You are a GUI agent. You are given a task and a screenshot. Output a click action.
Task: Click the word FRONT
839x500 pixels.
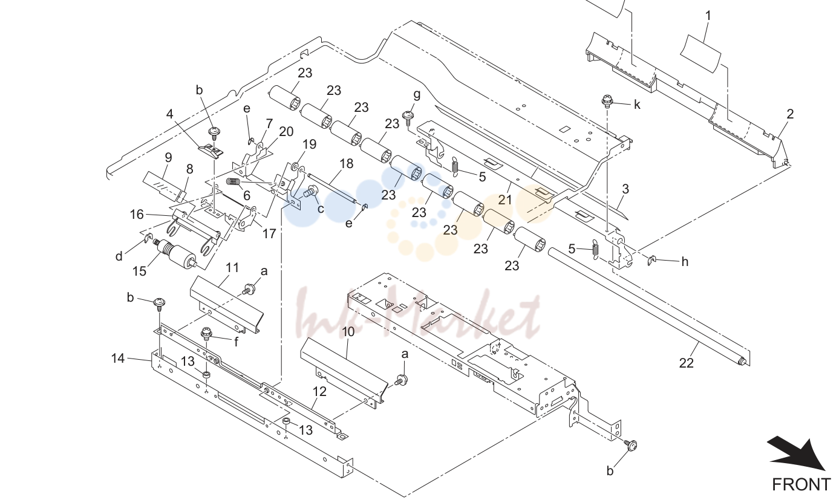coord(801,485)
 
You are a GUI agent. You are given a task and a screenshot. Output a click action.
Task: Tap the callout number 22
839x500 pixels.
coord(686,363)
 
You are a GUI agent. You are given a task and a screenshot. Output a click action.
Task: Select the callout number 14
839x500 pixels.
coord(117,358)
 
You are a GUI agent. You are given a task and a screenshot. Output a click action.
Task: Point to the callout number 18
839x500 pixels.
coord(347,163)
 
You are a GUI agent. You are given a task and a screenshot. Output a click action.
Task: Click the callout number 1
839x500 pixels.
coord(708,16)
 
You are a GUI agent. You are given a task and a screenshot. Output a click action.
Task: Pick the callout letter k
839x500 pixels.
coord(637,105)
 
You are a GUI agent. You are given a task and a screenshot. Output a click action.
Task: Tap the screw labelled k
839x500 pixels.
coord(607,101)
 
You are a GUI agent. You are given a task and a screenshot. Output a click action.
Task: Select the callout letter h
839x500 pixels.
coord(685,262)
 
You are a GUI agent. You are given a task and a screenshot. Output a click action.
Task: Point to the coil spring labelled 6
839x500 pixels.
coord(233,182)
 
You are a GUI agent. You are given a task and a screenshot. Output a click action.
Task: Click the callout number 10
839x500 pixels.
coord(348,331)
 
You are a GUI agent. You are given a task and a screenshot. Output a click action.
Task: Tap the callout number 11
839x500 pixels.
coord(232,268)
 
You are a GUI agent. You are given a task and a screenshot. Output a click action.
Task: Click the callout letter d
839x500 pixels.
coord(119,256)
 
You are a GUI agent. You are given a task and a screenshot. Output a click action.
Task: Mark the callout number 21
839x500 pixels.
coord(505,200)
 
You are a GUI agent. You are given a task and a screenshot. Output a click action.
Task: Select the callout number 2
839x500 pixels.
coord(790,114)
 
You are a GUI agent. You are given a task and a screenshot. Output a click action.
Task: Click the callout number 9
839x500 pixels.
coord(168,158)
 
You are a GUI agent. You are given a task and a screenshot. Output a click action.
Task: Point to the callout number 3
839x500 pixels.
coord(625,189)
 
